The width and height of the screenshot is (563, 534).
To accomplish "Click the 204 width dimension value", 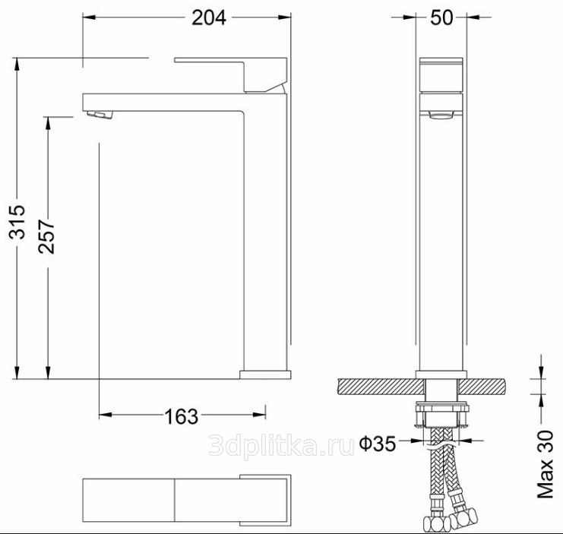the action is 209,17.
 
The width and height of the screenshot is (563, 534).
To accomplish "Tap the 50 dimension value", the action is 441,17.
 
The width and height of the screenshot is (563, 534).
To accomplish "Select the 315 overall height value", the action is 17,222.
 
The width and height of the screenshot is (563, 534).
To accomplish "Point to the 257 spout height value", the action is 46,236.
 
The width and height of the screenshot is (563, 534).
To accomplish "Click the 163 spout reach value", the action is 182,416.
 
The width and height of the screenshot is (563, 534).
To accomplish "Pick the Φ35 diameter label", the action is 378,444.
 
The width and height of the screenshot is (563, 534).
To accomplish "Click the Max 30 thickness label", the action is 546,464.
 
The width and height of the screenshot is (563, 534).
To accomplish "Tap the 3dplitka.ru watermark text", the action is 281,445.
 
